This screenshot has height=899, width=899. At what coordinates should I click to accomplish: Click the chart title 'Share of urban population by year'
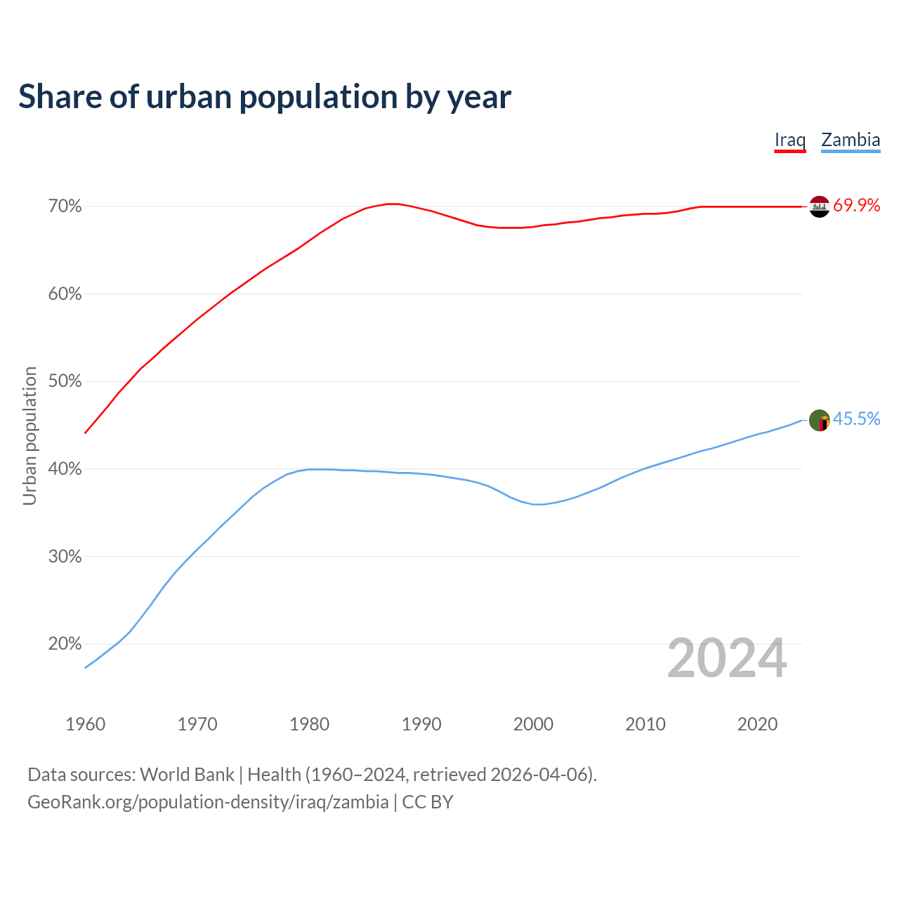click(265, 97)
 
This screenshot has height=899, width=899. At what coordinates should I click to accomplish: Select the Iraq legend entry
click(790, 140)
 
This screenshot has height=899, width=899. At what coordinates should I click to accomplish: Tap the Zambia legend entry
click(851, 140)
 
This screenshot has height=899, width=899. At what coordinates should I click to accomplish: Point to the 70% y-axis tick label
click(65, 206)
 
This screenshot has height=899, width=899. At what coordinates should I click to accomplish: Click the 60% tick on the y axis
click(65, 294)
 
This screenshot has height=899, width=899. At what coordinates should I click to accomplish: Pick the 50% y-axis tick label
click(65, 381)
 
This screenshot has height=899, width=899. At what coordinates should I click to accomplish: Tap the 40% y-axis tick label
click(65, 469)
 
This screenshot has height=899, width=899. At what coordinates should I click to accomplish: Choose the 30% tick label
click(65, 557)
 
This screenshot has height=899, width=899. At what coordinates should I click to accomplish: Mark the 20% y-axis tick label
click(65, 644)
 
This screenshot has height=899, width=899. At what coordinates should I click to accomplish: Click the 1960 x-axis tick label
click(86, 724)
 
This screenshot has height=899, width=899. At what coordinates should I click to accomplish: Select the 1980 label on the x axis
click(310, 724)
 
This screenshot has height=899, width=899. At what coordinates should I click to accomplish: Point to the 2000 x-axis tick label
click(534, 724)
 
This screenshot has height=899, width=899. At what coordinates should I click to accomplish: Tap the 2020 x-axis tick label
click(757, 724)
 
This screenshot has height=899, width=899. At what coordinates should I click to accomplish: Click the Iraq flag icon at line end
click(820, 206)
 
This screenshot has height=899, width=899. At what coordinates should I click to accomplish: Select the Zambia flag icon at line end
click(820, 421)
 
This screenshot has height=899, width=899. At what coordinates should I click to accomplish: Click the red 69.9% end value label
click(857, 206)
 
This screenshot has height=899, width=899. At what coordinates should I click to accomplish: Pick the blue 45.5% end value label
click(857, 419)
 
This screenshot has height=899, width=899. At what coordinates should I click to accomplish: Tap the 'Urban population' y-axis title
click(29, 435)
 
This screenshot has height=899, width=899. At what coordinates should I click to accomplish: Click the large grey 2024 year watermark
click(727, 658)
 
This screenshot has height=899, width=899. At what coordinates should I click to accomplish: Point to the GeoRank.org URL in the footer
click(208, 802)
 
